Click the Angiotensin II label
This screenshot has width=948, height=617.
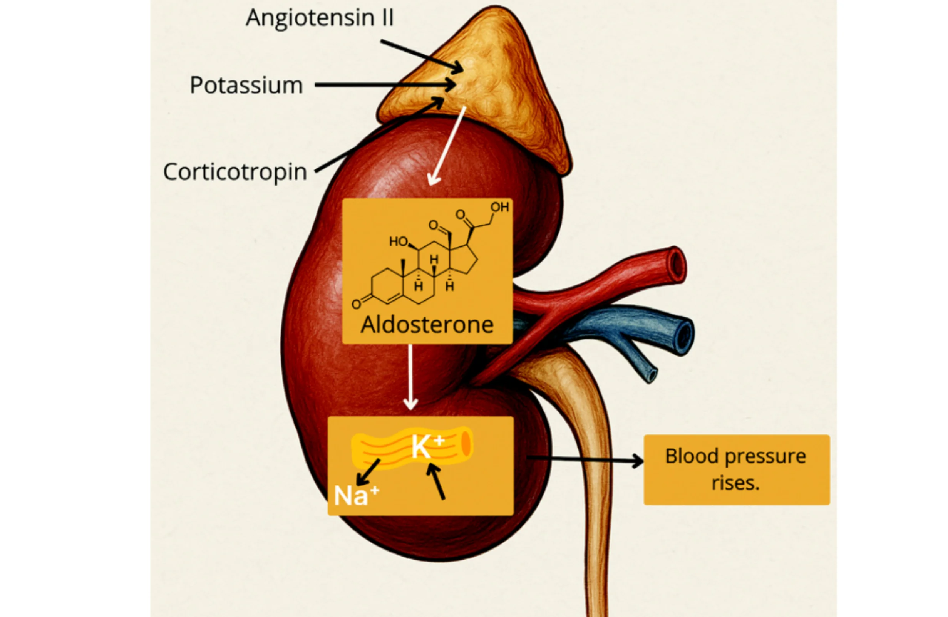(320, 18)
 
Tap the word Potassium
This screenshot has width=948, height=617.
(246, 86)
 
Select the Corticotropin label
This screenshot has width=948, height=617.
(235, 172)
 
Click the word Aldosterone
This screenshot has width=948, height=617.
(427, 325)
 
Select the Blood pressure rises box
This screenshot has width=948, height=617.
(737, 469)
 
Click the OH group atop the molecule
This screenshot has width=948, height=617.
(499, 207)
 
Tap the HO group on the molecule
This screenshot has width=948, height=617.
(398, 241)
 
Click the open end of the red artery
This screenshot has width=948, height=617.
(677, 265)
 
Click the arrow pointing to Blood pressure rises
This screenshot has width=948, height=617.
(586, 459)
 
